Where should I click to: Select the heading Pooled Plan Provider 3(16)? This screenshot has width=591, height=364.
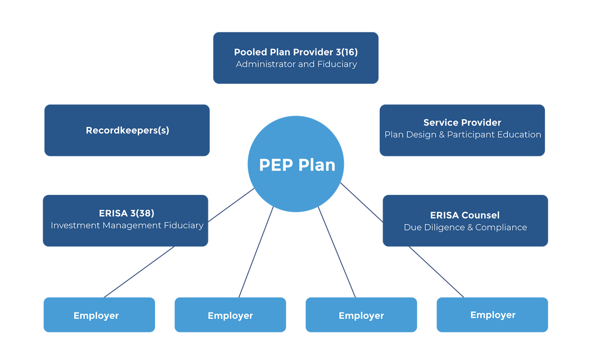coord(295,52)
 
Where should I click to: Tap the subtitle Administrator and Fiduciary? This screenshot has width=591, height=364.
coord(296,64)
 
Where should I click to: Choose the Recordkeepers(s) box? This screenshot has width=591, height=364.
coord(127,130)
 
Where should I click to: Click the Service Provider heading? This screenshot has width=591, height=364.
coord(462,123)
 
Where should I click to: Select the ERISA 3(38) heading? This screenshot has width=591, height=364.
coord(126,213)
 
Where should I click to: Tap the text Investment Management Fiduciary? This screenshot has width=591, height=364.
coord(127,225)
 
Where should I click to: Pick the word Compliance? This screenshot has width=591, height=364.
coord(501,228)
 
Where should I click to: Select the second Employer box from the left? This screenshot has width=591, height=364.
coord(230,315)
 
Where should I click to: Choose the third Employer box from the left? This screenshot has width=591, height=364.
coord(361,315)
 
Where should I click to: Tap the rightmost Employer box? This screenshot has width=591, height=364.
coord(492,315)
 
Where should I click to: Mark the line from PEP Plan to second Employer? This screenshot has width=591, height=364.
coord(256,253)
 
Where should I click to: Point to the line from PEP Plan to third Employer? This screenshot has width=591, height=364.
coord(337,253)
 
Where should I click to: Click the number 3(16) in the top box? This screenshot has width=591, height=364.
coord(346,52)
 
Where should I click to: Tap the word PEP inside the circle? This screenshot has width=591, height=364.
coord(276,165)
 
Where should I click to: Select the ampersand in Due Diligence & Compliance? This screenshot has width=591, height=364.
coord(470,228)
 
